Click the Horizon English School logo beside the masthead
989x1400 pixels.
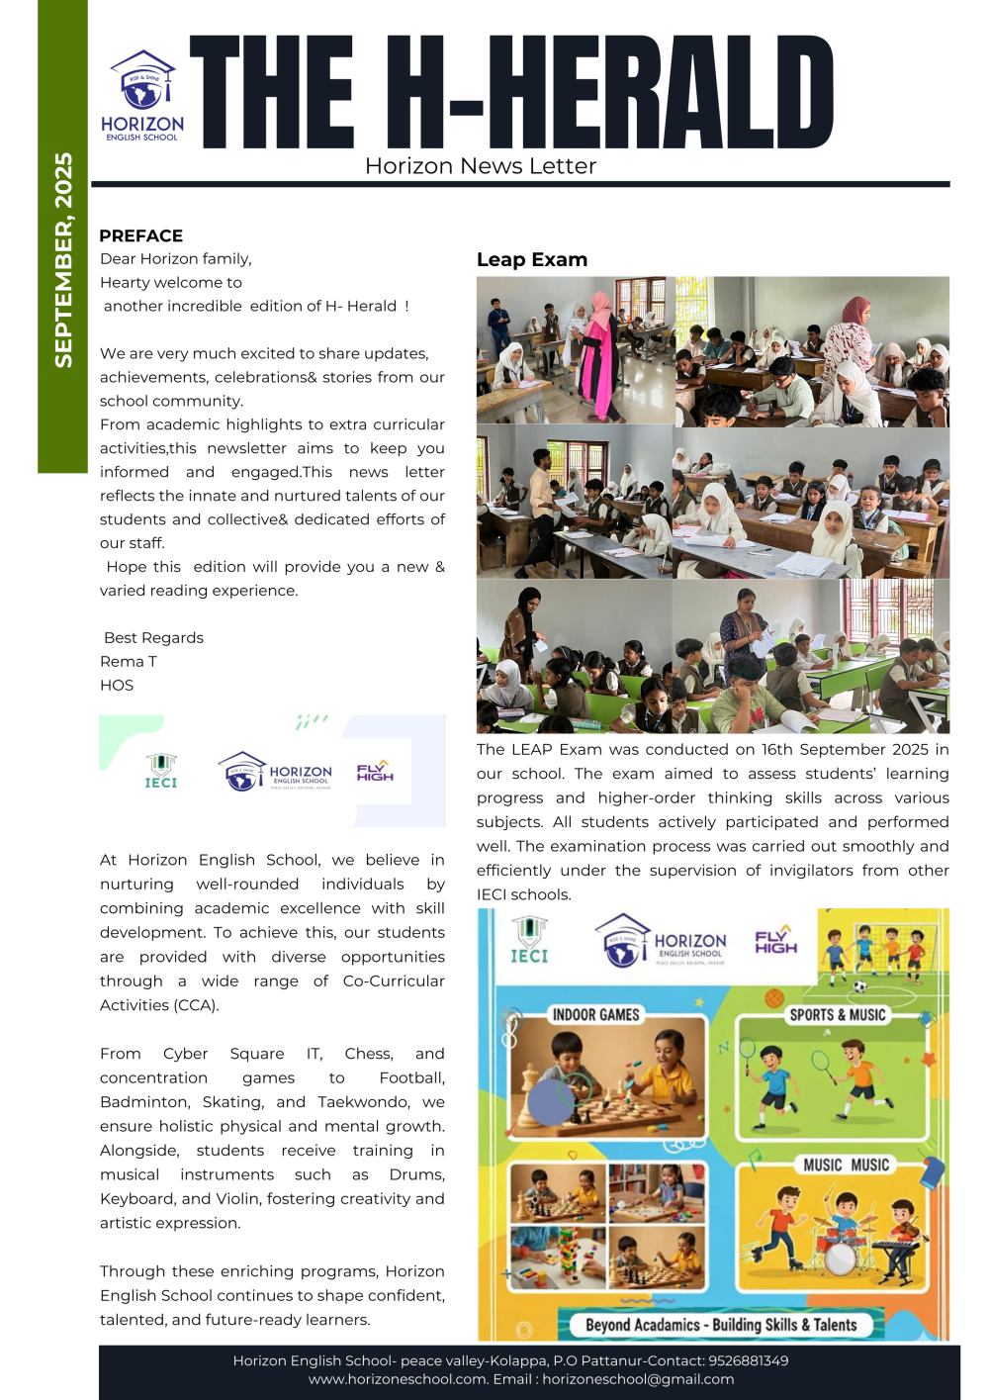tap(142, 96)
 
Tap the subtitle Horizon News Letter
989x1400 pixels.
tap(481, 166)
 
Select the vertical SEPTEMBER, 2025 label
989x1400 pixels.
tap(63, 260)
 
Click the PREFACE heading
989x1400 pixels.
tap(141, 235)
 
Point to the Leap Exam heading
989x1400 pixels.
tap(532, 260)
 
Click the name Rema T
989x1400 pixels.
tap(129, 661)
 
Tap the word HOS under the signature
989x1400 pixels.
tap(117, 685)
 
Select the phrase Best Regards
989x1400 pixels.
tap(153, 637)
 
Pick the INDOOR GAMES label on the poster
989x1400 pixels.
tap(596, 1014)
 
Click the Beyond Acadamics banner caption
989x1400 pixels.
tap(721, 1325)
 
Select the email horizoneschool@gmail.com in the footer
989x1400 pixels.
tap(638, 1379)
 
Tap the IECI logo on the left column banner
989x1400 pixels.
tap(161, 771)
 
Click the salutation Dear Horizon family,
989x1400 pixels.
tap(176, 258)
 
